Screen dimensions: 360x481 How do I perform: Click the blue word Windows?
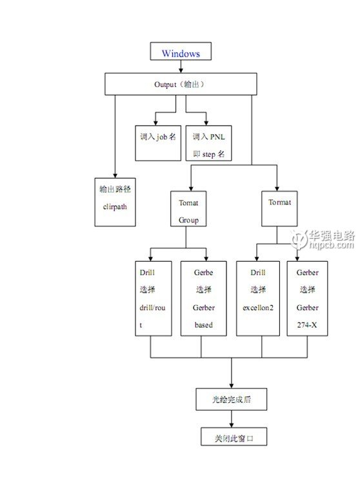coord(181,54)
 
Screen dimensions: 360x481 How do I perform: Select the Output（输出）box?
coord(181,84)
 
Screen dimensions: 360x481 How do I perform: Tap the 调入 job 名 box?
coord(158,143)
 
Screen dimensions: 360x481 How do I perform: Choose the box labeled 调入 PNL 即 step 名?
coord(208,143)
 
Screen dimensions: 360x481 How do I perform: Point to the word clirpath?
coord(115,207)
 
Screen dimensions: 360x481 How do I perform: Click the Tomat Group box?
coord(188,209)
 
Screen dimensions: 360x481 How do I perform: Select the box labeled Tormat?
coord(279,209)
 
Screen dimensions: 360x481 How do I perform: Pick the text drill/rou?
coord(152,308)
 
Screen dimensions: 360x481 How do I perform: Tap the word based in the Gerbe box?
coord(203,324)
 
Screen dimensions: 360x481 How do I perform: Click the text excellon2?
coord(258,308)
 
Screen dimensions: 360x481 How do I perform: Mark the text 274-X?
coord(307,324)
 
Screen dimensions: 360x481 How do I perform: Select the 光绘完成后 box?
coord(232,399)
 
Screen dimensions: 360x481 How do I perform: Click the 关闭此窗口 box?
coord(234,437)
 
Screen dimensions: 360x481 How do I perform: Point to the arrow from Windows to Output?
coord(181,66)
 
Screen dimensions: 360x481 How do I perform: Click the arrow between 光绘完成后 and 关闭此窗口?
coord(232,419)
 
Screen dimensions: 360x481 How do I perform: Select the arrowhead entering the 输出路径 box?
coord(115,175)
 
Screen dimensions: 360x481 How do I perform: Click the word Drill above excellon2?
coord(258,272)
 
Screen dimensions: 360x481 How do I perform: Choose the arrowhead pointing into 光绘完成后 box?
coord(232,386)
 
